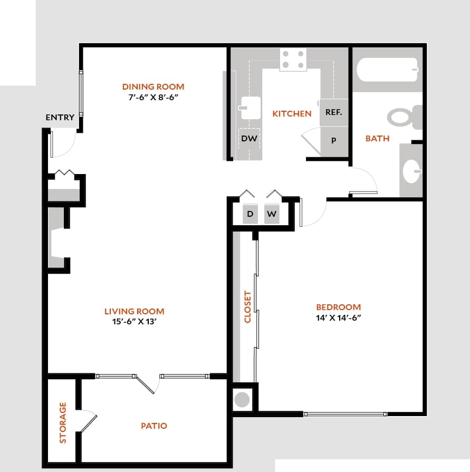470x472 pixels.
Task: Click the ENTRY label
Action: [x=60, y=118]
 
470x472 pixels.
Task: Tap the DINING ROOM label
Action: [x=153, y=86]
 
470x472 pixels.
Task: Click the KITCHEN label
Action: [x=292, y=113]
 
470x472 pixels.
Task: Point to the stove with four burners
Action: [x=293, y=59]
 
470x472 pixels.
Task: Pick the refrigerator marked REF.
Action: [x=333, y=112]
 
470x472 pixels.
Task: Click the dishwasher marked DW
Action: [x=249, y=139]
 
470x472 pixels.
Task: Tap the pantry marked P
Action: [x=334, y=141]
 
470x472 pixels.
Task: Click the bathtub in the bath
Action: [x=388, y=69]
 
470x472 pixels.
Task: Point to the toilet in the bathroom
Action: [x=405, y=117]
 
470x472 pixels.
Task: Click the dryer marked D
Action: [x=250, y=214]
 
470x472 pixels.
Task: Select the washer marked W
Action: [x=271, y=214]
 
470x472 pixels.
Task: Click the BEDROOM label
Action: [x=338, y=307]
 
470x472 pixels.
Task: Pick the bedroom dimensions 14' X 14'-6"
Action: [x=338, y=317]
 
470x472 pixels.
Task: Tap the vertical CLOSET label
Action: [x=247, y=307]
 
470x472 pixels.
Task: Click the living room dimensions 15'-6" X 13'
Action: [x=134, y=322]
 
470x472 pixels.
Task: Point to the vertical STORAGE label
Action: [x=63, y=422]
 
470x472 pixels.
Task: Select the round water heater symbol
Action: [x=242, y=399]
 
